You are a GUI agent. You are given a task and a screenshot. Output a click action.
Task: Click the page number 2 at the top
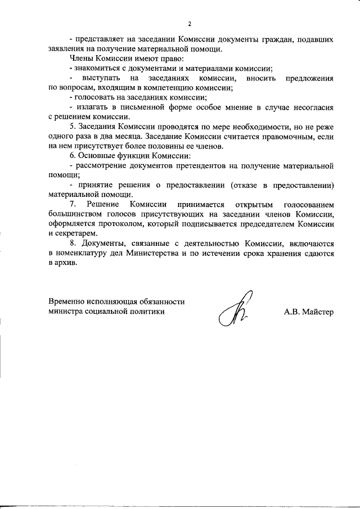[x=190, y=24]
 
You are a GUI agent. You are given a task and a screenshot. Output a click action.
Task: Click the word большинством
[x=74, y=214]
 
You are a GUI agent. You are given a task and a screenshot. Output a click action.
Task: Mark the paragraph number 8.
[x=71, y=244]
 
